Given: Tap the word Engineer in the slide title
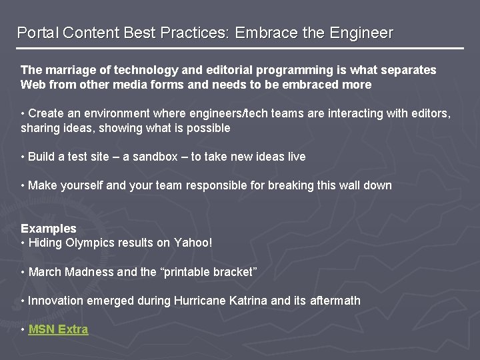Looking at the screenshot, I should click(361, 33).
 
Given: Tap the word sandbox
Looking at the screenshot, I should click(155, 157).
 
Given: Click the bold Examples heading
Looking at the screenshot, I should click(49, 228).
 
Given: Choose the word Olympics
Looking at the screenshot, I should click(90, 243).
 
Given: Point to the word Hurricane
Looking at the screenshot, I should click(200, 301).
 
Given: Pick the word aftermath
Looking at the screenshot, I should click(335, 301).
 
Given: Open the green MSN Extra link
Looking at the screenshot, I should click(58, 329).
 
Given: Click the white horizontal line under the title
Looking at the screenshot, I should click(240, 49).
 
